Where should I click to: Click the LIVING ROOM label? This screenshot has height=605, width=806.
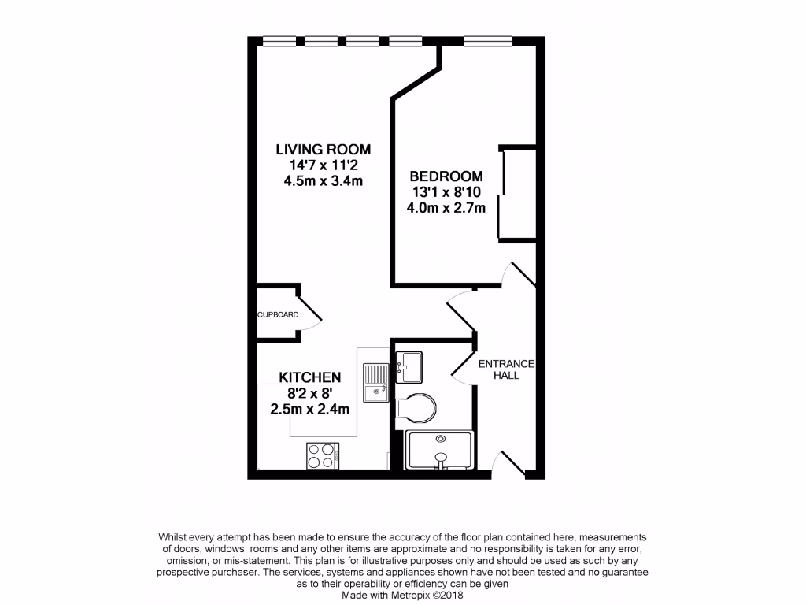323,149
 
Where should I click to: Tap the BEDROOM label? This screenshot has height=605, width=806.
446,176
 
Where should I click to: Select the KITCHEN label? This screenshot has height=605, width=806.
309,377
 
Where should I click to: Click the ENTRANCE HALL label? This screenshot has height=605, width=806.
506,369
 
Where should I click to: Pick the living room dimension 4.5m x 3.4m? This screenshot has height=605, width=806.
323,181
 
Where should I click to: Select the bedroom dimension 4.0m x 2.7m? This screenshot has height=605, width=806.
446,209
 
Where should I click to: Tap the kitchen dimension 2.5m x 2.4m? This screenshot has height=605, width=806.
309,409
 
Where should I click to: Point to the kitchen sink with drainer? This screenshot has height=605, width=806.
376,381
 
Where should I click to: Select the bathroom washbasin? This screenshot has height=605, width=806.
409,366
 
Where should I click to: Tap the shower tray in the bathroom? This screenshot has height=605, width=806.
439,451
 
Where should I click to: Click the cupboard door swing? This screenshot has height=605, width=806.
309,313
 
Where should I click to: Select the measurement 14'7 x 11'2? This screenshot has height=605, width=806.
323,165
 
